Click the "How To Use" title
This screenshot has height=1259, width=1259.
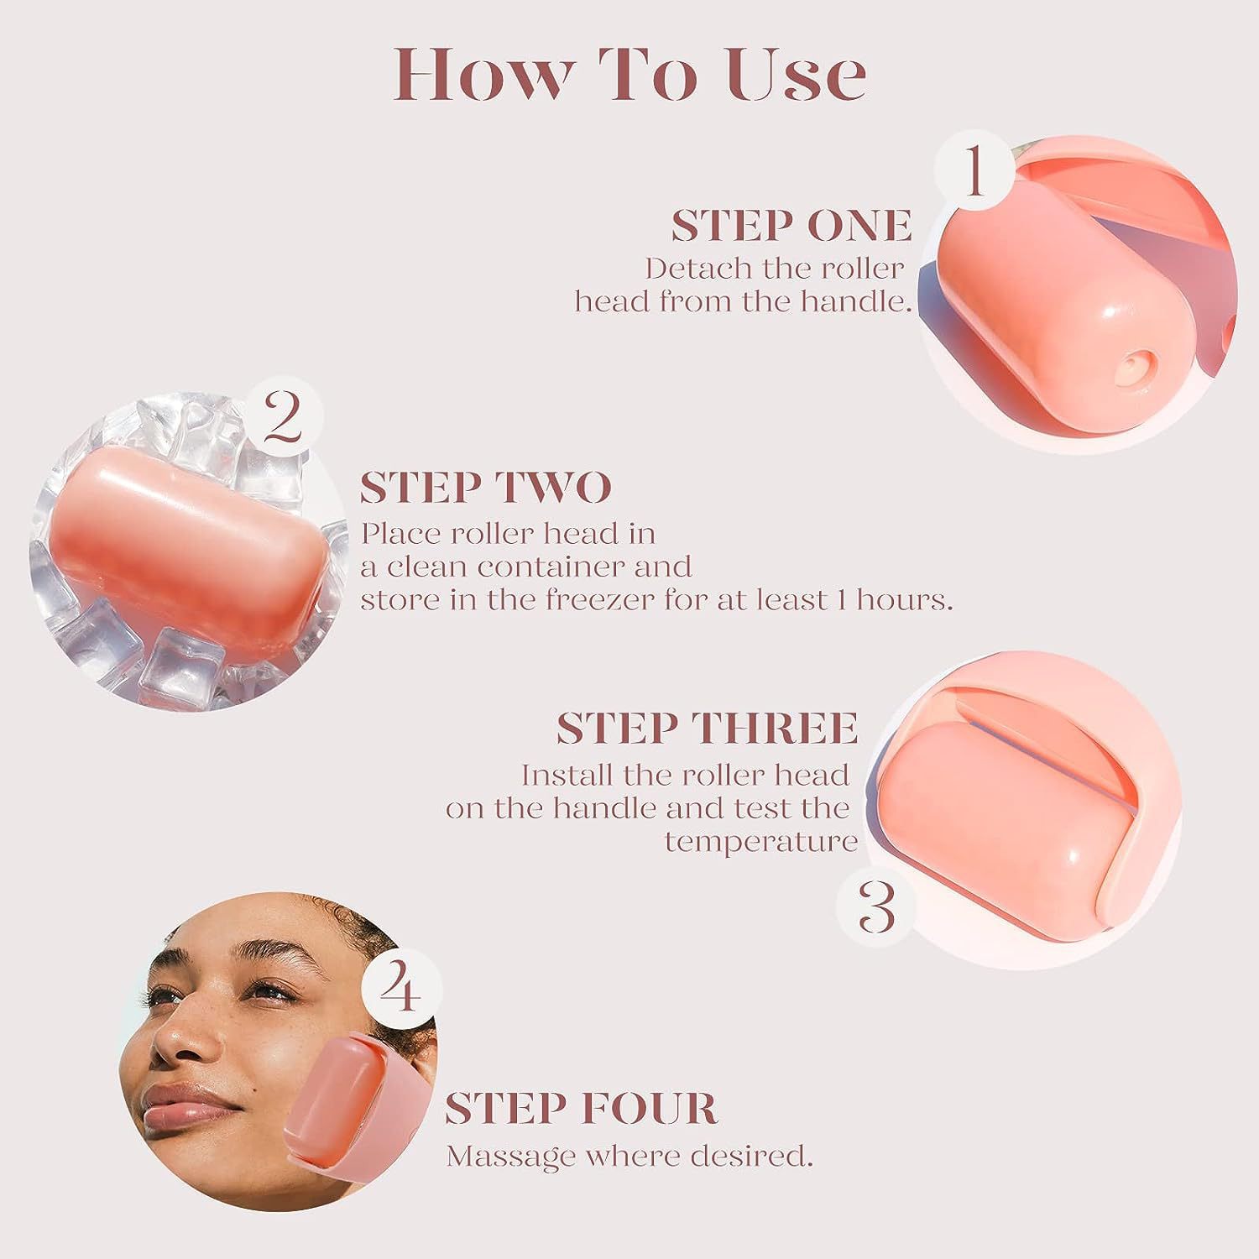[x=629, y=76]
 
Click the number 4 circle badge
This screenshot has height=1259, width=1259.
[x=401, y=989]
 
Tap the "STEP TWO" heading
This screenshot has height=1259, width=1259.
[x=486, y=488]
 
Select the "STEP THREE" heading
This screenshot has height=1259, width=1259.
[x=707, y=728]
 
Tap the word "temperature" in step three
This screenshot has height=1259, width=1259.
[x=760, y=841]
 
